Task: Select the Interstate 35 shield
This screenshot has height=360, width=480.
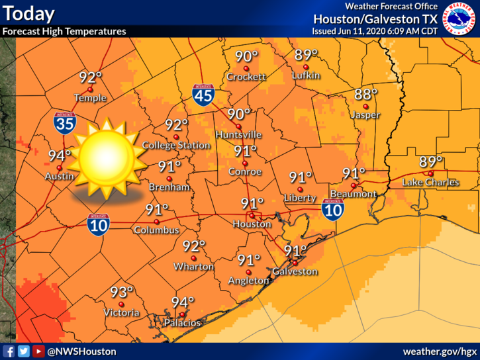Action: click(x=64, y=124)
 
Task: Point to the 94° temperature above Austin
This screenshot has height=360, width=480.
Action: click(x=59, y=156)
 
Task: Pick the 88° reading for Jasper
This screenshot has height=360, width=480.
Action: click(x=365, y=94)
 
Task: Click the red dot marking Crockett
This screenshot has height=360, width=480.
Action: click(x=246, y=68)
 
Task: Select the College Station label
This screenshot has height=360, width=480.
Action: click(x=176, y=145)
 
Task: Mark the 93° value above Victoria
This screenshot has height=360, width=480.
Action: click(x=121, y=291)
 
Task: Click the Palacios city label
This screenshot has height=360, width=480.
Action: click(x=182, y=323)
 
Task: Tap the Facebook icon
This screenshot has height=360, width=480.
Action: click(x=9, y=351)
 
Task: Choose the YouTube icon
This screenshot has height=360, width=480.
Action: click(x=38, y=351)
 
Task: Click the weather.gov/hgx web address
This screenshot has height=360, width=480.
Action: click(x=440, y=351)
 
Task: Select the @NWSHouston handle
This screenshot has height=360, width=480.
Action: click(x=81, y=351)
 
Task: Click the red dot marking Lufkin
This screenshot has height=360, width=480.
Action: click(x=306, y=67)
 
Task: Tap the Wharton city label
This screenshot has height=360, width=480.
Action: click(x=195, y=266)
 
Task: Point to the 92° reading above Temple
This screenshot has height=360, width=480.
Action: click(x=91, y=77)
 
